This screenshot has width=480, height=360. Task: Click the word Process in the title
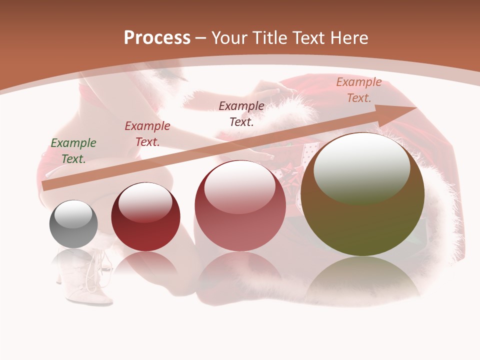coord(157,38)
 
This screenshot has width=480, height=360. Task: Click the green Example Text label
coord(73,151)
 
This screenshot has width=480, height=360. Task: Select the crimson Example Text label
coord(147,134)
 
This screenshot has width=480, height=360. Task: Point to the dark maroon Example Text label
coord(241,113)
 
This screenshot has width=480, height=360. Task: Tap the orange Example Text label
coord(358,90)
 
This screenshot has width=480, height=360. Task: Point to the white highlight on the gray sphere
coord(73,214)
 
